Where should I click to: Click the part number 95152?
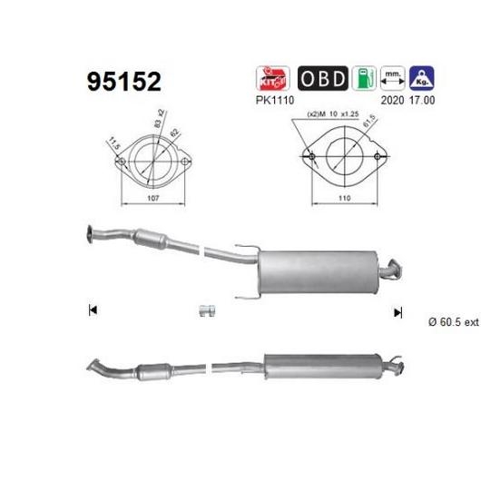click(x=124, y=82)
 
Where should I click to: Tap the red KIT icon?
click(x=272, y=78)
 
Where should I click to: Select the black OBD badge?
click(x=323, y=78)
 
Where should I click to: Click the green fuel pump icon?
click(x=364, y=78)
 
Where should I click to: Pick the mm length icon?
click(x=393, y=78)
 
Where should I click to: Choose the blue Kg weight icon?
click(x=422, y=78)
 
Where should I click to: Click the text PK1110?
click(x=275, y=100)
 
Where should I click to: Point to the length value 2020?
click(x=392, y=100)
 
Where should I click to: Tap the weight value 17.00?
click(x=422, y=100)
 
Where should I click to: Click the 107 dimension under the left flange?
click(x=153, y=198)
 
